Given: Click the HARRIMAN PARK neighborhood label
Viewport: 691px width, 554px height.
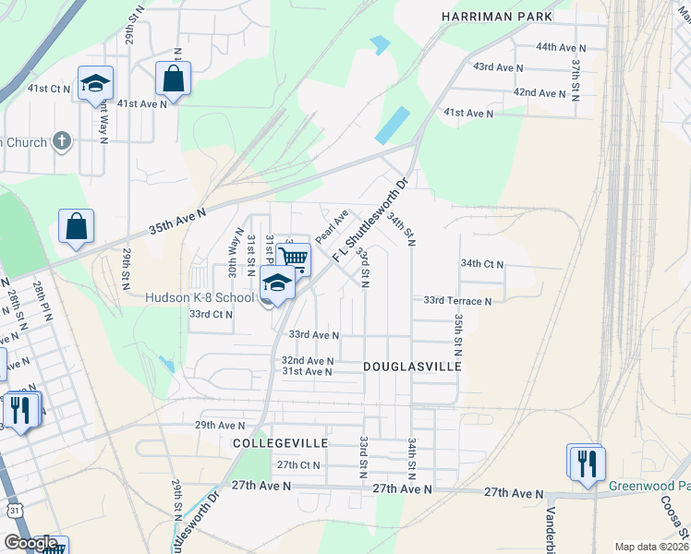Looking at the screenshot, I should (497, 17).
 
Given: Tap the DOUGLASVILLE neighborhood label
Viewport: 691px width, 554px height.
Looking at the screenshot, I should (411, 367).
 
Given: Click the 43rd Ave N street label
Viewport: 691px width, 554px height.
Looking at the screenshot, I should (497, 67).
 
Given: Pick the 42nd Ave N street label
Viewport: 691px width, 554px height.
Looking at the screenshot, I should (539, 93).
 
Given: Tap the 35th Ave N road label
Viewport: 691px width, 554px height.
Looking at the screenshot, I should (177, 224).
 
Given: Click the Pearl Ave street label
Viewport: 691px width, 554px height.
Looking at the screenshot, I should (330, 226).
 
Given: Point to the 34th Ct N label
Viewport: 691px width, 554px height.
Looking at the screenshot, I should (482, 264).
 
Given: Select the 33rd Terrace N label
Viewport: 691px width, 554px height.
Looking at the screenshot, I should (457, 301).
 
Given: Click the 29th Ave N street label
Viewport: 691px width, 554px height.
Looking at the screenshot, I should (219, 426).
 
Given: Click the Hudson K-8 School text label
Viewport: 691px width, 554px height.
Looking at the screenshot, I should (199, 298).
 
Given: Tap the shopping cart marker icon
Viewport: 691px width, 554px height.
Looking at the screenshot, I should (294, 258).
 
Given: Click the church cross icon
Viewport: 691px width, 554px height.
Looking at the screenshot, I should (62, 140).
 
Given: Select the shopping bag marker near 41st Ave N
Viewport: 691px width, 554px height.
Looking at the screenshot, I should (174, 78).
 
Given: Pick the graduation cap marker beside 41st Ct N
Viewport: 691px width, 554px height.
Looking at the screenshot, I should (95, 84).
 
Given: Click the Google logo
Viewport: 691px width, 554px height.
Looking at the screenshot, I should (30, 543).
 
